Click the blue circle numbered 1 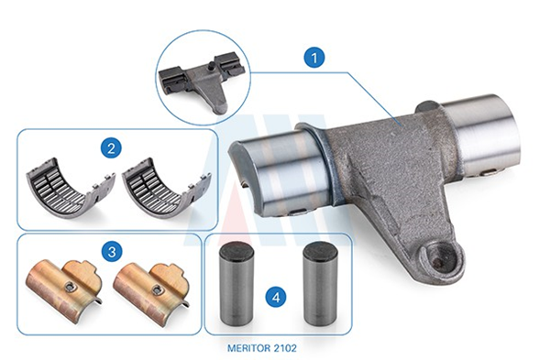314,58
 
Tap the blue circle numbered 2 111,148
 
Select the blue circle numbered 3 112,252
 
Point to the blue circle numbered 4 276,297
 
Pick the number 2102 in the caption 284,348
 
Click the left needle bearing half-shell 71,190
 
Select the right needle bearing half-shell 166,190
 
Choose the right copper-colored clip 151,293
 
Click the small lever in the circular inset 202,83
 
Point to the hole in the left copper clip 71,286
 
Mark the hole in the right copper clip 158,289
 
